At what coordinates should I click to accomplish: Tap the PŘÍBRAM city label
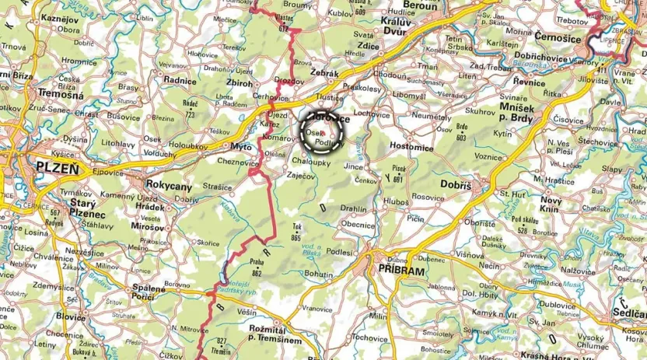(x=402, y=270)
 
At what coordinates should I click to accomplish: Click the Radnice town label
(x=178, y=79)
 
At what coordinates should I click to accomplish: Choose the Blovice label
(x=71, y=317)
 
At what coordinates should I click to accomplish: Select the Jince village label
(x=354, y=166)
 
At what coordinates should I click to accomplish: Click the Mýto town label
(x=240, y=145)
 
